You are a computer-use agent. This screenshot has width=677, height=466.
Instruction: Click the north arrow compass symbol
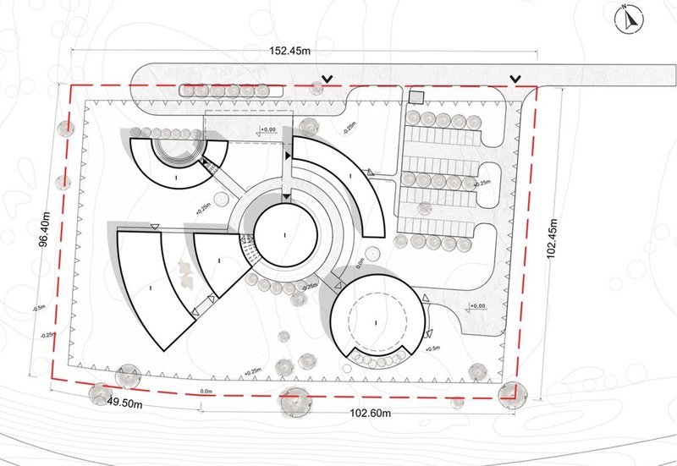[x=626, y=19]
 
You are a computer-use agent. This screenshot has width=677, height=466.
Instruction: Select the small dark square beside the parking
[x=415, y=97]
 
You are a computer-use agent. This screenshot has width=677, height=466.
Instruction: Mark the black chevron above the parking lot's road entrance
[x=515, y=80]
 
